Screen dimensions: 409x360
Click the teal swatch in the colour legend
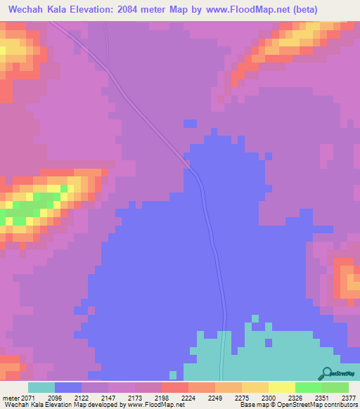(41, 387)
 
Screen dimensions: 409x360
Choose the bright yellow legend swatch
(281, 387)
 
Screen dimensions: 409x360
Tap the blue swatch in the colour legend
(68, 387)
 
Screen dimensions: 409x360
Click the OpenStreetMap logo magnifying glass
(326, 374)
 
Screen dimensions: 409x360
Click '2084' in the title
(150, 10)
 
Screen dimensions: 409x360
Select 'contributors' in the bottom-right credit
(340, 405)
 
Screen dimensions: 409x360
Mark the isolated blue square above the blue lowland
(190, 123)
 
